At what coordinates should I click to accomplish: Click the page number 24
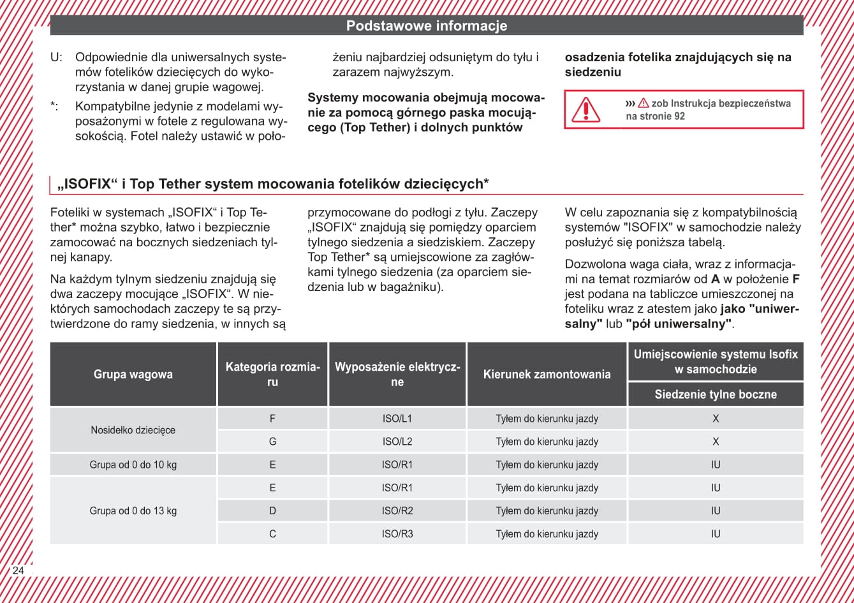(x=18, y=570)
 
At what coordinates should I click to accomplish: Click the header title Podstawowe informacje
(x=427, y=26)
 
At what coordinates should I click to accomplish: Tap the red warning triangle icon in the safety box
(x=585, y=110)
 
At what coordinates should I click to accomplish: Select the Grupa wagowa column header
(x=133, y=375)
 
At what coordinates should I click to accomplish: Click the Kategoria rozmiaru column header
(x=272, y=375)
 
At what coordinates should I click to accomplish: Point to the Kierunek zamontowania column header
(x=547, y=375)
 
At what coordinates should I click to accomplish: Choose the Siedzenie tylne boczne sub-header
(x=716, y=394)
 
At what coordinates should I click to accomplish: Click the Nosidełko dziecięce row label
(x=133, y=430)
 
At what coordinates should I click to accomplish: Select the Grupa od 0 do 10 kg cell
(x=133, y=465)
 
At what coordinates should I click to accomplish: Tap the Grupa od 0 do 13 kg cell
(x=133, y=510)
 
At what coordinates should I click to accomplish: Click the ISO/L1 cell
(x=397, y=419)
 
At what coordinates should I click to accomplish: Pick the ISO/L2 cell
(x=397, y=442)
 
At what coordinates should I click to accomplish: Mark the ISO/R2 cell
(x=397, y=510)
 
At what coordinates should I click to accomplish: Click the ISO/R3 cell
(x=397, y=533)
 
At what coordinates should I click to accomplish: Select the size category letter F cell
(x=272, y=419)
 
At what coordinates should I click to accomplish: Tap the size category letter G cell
(x=272, y=442)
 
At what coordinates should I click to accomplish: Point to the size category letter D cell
(x=272, y=510)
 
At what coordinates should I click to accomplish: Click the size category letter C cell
(x=272, y=533)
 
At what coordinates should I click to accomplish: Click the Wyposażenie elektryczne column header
(x=397, y=375)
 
